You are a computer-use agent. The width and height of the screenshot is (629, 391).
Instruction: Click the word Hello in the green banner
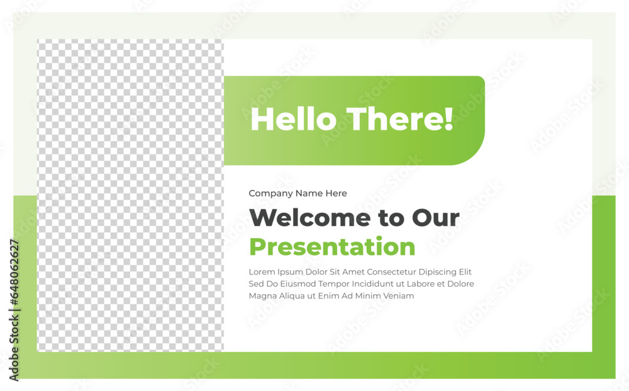coord(293,119)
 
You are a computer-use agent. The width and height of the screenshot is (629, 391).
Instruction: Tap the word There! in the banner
coord(400,119)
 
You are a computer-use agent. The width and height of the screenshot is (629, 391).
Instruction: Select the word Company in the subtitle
coord(270,193)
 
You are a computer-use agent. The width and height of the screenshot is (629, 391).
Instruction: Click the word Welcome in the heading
coord(309,218)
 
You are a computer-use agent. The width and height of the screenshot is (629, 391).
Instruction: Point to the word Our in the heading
coord(436,218)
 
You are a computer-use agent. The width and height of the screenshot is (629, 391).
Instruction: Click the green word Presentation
coord(332,246)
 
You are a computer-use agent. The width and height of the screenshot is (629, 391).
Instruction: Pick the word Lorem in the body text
coord(262,272)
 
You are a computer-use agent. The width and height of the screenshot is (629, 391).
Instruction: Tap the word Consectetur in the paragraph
coord(391,272)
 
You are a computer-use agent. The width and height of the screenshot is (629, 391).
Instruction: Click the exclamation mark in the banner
coord(449,119)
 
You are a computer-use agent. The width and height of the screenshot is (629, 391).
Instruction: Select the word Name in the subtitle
coord(309,193)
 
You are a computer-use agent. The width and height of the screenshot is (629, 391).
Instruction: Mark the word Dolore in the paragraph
coord(460,284)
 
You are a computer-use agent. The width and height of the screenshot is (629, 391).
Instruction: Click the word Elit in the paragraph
coord(465,272)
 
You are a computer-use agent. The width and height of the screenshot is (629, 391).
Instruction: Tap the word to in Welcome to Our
coord(391,218)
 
